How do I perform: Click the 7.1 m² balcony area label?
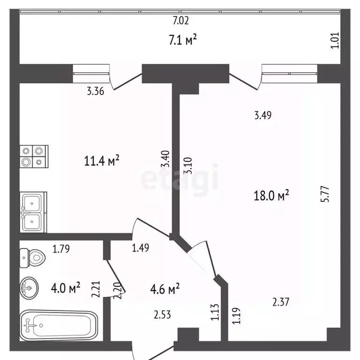pyautogui.click(x=183, y=39)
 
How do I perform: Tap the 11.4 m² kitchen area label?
pyautogui.click(x=101, y=160)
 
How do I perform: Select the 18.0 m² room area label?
pyautogui.click(x=271, y=195)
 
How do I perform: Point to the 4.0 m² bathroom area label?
pyautogui.click(x=66, y=288)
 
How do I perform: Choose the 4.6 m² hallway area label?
pyautogui.click(x=165, y=289)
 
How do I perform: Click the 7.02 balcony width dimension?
pyautogui.click(x=180, y=21)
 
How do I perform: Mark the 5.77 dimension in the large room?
pyautogui.click(x=325, y=194)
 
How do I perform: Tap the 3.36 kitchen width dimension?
pyautogui.click(x=96, y=91)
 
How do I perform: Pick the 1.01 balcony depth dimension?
pyautogui.click(x=335, y=40)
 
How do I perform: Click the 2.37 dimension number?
pyautogui.click(x=281, y=302)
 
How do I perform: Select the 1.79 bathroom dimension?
pyautogui.click(x=61, y=249)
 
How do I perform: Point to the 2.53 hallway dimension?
pyautogui.click(x=162, y=315)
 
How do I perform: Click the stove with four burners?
pyautogui.click(x=34, y=157)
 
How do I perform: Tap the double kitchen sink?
pyautogui.click(x=33, y=212)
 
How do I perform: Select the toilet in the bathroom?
pyautogui.click(x=32, y=258)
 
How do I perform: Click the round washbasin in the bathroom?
pyautogui.click(x=29, y=288)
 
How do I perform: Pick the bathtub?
pyautogui.click(x=59, y=325)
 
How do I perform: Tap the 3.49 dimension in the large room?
pyautogui.click(x=263, y=115)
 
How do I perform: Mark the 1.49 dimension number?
pyautogui.click(x=140, y=247)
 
